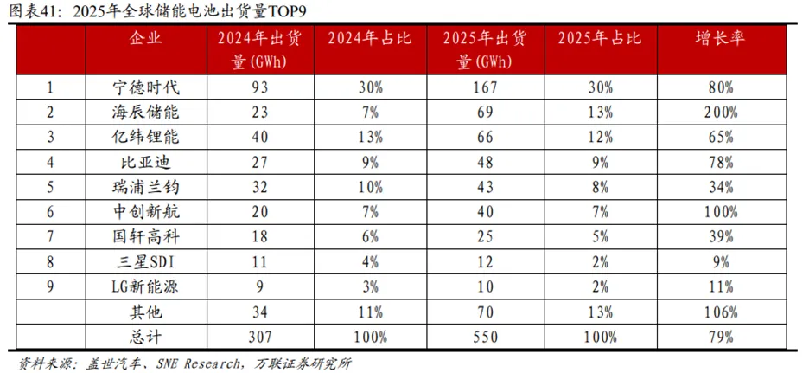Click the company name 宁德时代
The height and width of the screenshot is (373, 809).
pos(144,87)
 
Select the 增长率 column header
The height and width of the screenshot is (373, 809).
pos(716,39)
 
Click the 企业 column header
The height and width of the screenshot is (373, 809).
pos(144,39)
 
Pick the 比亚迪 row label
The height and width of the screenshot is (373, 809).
pos(144,163)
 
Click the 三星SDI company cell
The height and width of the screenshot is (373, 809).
pos(144,262)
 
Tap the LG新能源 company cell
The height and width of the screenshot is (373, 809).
pos(144,287)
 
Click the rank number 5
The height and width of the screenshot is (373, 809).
pos(49,188)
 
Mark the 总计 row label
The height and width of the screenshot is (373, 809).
pos(144,337)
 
